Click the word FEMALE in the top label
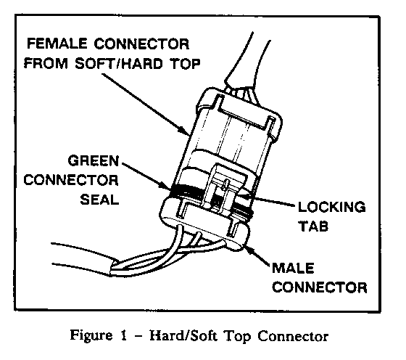tap(57, 44)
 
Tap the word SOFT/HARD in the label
tap(119, 63)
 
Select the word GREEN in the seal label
tap(94, 160)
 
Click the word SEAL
tap(99, 200)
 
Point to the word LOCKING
tap(332, 207)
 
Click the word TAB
tap(313, 226)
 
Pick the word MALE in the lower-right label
tap(293, 268)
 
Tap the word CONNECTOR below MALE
tap(320, 287)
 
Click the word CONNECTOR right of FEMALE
tap(141, 44)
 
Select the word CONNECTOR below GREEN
tap(71, 180)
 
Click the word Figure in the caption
tap(91, 336)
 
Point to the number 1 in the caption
tap(124, 335)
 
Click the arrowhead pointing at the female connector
tap(184, 131)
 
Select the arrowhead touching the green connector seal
tap(165, 185)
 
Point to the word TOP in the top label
tap(185, 63)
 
